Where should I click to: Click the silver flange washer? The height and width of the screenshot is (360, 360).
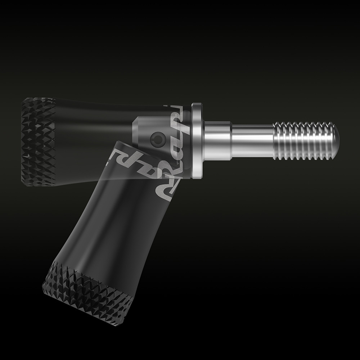[198, 140]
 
